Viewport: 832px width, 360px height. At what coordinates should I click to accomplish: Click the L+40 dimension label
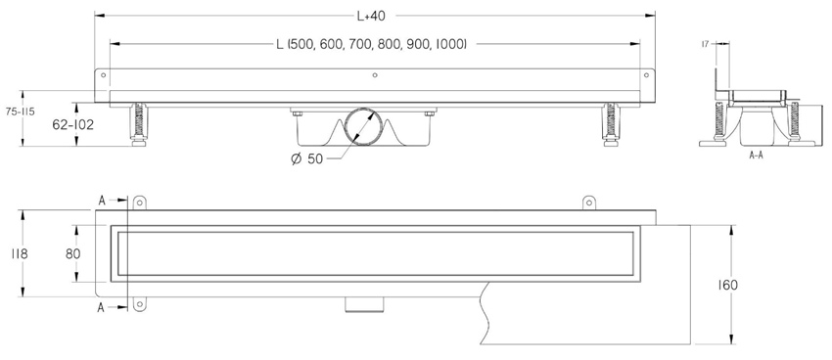point(371,17)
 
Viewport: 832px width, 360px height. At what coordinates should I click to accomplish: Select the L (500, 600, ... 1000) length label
point(371,45)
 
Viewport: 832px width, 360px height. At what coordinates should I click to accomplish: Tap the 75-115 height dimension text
point(22,112)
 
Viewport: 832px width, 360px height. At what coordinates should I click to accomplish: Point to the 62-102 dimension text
point(72,125)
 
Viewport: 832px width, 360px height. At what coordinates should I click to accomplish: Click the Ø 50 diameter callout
point(306,158)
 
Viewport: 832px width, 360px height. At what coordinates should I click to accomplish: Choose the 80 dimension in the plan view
point(72,254)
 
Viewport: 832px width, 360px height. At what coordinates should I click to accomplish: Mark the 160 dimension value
point(728,286)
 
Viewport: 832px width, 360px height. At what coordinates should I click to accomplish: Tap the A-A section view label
point(756,156)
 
